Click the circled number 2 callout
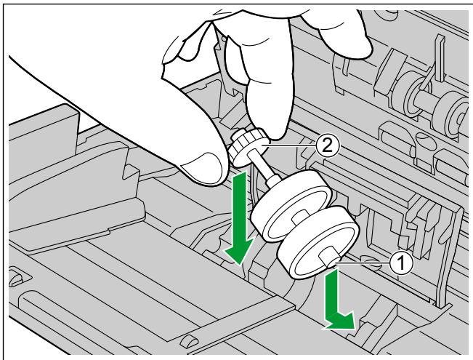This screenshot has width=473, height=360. [x=328, y=146]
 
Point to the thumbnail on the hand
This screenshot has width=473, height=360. [x=200, y=166]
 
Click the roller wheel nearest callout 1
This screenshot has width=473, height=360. [x=319, y=241]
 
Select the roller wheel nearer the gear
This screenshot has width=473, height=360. [x=291, y=204]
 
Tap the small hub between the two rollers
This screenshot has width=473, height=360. [x=299, y=218]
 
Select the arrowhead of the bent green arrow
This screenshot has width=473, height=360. [x=341, y=321]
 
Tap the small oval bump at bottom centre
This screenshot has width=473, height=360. [x=188, y=340]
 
